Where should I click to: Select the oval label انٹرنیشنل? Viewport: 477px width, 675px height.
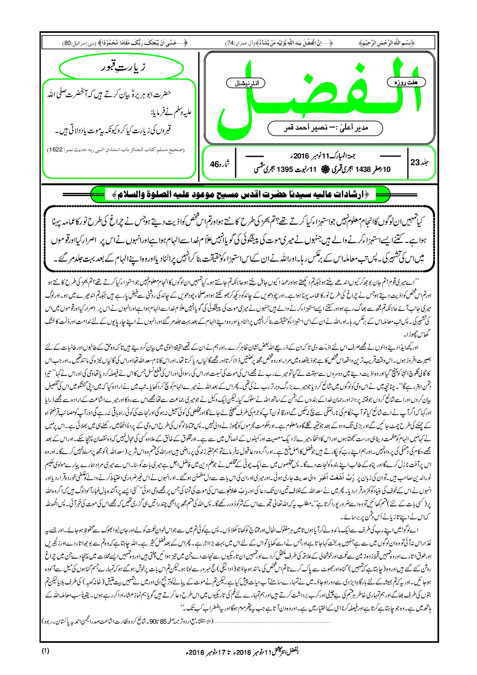(246, 83)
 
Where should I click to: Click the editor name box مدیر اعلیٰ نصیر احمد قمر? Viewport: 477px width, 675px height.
(325, 128)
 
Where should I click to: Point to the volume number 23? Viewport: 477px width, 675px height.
(415, 163)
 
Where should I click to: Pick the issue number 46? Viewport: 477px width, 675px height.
(215, 164)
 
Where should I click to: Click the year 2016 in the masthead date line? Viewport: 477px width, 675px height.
(301, 156)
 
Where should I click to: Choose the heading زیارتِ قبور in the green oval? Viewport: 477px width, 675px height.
(121, 68)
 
